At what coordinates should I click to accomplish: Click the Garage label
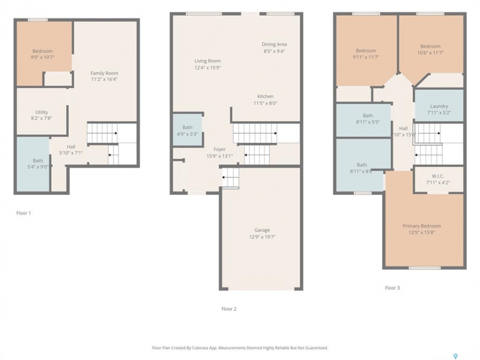point(262,230)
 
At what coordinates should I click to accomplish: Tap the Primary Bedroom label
point(421,226)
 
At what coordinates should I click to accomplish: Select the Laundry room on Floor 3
point(438,105)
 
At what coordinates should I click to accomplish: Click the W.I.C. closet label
point(438,176)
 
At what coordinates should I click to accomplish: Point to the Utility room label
point(41,112)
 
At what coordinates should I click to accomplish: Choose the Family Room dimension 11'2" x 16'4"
point(104,79)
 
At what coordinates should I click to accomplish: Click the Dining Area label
point(274,44)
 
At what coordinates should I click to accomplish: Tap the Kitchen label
point(265,96)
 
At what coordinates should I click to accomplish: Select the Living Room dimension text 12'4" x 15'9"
point(207,67)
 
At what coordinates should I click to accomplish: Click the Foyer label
point(219,149)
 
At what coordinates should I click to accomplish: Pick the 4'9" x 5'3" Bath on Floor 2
point(187,130)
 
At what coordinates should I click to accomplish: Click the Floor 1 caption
point(23,213)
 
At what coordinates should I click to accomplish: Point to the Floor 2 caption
point(229,309)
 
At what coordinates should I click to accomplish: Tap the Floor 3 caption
point(392,288)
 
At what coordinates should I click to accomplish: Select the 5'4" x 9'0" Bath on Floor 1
point(33,164)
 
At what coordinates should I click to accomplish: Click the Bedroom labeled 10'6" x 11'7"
point(430,49)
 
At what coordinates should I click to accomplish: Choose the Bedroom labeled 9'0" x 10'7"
point(42,53)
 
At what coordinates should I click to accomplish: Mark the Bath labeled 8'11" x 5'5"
point(363,119)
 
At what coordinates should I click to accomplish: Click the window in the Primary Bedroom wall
point(424,268)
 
